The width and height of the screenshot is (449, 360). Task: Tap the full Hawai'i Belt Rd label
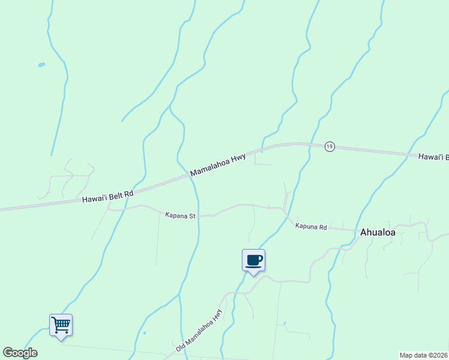[x=108, y=196]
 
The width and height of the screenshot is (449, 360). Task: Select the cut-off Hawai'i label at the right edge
[x=433, y=157]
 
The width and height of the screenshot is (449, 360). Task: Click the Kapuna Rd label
[x=310, y=227]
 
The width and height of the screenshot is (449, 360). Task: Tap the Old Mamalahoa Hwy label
[x=199, y=331]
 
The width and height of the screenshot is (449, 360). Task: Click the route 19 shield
[x=329, y=147]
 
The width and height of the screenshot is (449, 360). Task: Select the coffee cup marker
[x=253, y=260]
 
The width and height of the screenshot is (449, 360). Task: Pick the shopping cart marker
[x=61, y=325]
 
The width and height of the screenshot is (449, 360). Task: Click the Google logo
[x=20, y=353]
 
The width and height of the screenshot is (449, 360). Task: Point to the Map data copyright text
[x=423, y=355]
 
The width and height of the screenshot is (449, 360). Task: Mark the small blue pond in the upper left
[x=41, y=65]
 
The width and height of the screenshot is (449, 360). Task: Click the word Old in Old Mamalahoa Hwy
[x=181, y=347]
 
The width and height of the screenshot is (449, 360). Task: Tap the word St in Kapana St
[x=193, y=214]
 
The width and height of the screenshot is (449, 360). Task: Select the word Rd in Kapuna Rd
[x=322, y=228]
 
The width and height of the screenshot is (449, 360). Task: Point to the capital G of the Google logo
[x=7, y=353]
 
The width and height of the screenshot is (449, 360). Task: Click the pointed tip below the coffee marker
[x=253, y=274]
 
